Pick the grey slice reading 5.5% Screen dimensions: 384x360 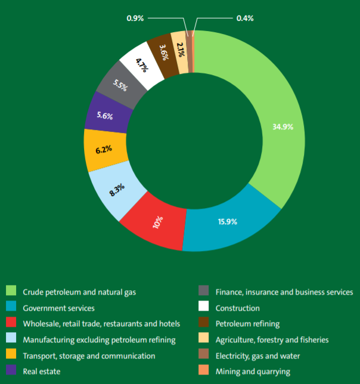(x=122, y=85)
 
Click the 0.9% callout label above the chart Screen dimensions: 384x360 (x=135, y=18)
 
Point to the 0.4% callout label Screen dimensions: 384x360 (x=245, y=18)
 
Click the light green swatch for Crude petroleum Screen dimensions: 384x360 (x=11, y=292)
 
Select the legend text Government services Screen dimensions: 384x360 (x=58, y=308)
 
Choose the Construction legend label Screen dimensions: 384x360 (x=237, y=308)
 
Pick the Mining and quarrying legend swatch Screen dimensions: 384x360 (x=204, y=371)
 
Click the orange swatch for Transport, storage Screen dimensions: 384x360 (x=11, y=356)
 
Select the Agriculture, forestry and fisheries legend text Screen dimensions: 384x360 (x=272, y=340)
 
